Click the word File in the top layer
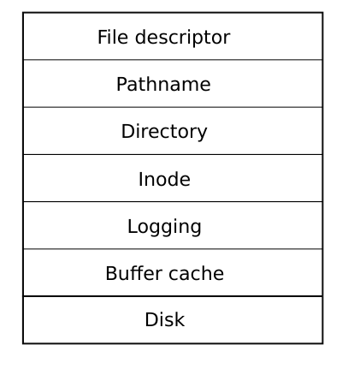click(x=113, y=37)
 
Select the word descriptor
click(x=182, y=38)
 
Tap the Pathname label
click(x=163, y=84)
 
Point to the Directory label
click(x=164, y=132)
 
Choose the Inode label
click(x=164, y=179)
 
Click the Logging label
click(x=164, y=227)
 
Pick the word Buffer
click(x=134, y=273)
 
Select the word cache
click(x=197, y=273)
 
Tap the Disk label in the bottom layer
click(x=165, y=319)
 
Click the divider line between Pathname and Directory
click(x=173, y=107)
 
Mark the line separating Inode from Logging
click(x=173, y=202)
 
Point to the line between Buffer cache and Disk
click(x=173, y=296)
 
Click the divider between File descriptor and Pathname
click(x=173, y=60)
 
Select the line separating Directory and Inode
click(x=173, y=154)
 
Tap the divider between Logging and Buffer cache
click(x=173, y=249)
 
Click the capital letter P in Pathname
click(x=121, y=84)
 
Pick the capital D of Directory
click(x=127, y=131)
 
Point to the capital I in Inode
click(x=140, y=179)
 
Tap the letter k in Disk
click(x=180, y=319)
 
